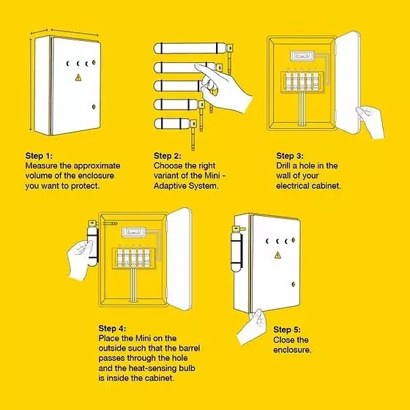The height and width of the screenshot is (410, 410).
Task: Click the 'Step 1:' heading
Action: click(x=39, y=156)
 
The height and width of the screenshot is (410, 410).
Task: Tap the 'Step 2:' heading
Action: click(x=168, y=156)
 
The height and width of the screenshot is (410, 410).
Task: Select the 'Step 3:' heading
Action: click(x=290, y=156)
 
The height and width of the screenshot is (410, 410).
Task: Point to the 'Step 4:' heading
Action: click(x=112, y=329)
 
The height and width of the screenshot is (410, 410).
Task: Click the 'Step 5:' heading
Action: click(x=287, y=329)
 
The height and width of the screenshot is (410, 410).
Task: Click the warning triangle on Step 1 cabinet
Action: click(x=78, y=78)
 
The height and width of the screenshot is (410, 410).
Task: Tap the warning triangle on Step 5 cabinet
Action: click(x=277, y=255)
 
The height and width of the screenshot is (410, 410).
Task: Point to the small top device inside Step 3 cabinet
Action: click(x=302, y=56)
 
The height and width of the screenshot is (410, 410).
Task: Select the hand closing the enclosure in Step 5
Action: click(x=252, y=327)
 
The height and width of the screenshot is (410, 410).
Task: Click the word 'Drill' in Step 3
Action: click(x=283, y=165)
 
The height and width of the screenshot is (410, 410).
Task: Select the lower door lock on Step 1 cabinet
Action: click(x=94, y=107)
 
